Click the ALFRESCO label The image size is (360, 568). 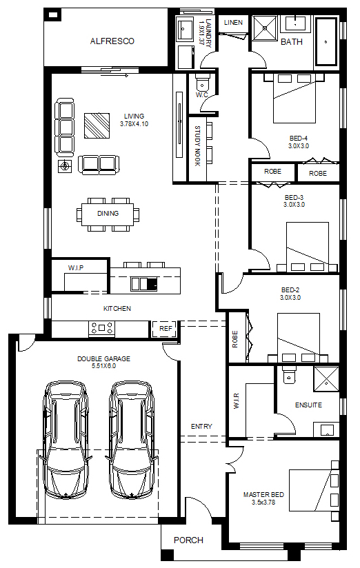pos(112,41)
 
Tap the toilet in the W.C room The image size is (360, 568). pos(202,82)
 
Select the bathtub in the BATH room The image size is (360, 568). pos(326,41)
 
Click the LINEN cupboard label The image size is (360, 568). pos(233,23)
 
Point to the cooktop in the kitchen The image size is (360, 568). pos(102,328)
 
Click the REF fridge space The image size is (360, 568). pos(166,329)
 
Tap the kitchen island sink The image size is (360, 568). pos(144,283)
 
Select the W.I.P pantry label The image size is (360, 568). pos(76,267)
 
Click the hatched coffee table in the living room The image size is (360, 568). pos(97,125)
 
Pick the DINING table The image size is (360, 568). pos(108,214)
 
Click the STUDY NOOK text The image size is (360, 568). pos(197,146)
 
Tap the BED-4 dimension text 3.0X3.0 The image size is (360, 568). pos(299,146)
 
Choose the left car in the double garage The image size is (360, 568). pos(66,440)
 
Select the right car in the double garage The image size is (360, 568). pos(132,440)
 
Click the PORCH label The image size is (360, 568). pos(188,540)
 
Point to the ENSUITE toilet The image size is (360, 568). pos(289,375)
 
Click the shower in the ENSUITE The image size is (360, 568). pos(326,379)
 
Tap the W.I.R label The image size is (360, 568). pos(237,401)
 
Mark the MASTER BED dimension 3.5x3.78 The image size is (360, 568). pos(263,503)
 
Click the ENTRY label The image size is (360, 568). pos(201,427)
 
